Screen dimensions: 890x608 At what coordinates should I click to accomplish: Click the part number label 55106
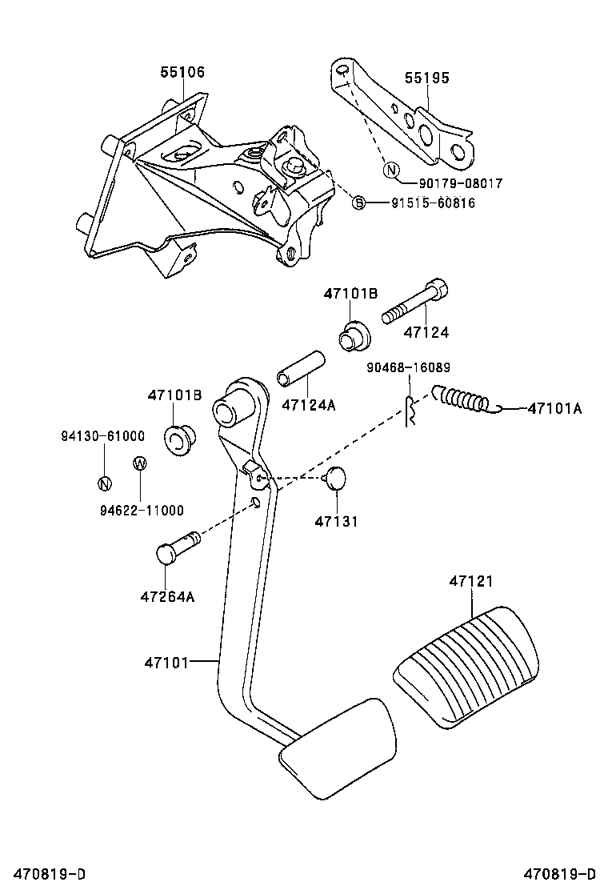(182, 72)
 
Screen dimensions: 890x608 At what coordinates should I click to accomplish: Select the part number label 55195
(426, 78)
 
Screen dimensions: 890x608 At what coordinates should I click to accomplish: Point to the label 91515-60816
(433, 203)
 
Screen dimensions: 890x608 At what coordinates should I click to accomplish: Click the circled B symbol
(359, 203)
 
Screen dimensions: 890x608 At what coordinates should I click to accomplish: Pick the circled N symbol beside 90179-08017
(390, 170)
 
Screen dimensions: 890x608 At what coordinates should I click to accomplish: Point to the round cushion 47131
(336, 478)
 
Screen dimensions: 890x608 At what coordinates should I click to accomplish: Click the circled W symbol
(138, 463)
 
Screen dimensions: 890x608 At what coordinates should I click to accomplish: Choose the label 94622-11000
(142, 510)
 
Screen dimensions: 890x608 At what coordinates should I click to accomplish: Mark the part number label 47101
(166, 662)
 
